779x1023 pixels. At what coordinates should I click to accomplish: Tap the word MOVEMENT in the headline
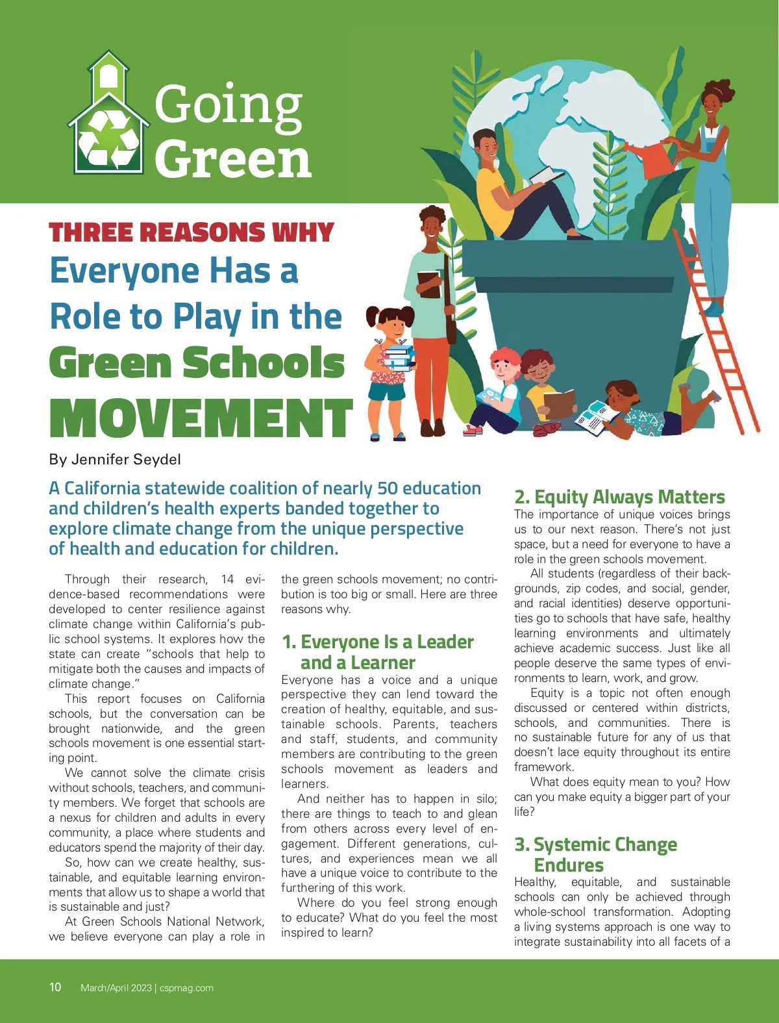click(x=201, y=419)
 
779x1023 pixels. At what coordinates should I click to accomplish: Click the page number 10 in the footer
click(x=55, y=987)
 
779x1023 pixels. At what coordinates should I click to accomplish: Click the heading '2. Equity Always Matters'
click(x=619, y=497)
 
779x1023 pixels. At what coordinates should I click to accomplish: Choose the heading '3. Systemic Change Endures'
click(x=595, y=854)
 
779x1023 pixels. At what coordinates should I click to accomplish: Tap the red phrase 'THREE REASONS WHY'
click(x=192, y=233)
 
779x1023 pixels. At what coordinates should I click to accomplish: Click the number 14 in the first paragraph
click(x=227, y=579)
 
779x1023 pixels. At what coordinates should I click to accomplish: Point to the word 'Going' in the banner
click(x=229, y=105)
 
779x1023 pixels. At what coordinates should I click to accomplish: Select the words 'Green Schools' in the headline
click(x=197, y=362)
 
